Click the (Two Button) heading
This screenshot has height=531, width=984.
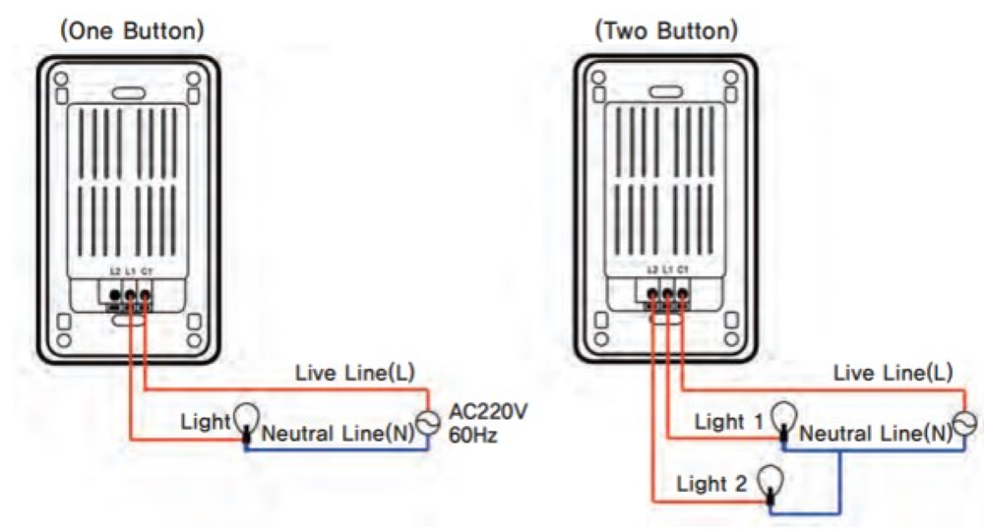tap(666, 30)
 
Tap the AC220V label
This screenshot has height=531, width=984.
tap(488, 411)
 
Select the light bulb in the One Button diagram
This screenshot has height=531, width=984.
tap(245, 417)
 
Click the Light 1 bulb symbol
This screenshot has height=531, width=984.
tap(783, 416)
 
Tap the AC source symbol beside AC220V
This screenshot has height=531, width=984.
tap(427, 423)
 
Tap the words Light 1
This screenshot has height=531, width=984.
tap(729, 423)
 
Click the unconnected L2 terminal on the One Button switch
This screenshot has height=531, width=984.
tap(115, 294)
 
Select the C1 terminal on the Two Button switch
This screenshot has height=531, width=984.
tap(682, 294)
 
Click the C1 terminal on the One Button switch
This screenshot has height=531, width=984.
tap(145, 294)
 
